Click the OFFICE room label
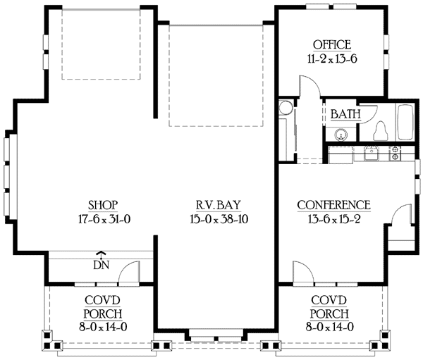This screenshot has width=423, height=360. point(331,45)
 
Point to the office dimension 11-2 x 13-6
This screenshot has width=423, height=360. point(331,59)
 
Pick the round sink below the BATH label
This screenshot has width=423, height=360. point(342,134)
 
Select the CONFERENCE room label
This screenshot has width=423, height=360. point(333,204)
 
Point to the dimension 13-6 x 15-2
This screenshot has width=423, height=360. point(333,218)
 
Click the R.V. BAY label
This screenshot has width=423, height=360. point(216,204)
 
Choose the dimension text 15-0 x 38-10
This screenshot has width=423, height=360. point(216,218)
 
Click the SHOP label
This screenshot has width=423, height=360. point(103,204)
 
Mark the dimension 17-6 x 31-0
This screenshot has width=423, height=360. point(103,218)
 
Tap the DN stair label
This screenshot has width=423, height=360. point(101,266)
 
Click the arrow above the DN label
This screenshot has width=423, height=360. point(101,255)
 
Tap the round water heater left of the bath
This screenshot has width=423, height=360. point(285,108)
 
